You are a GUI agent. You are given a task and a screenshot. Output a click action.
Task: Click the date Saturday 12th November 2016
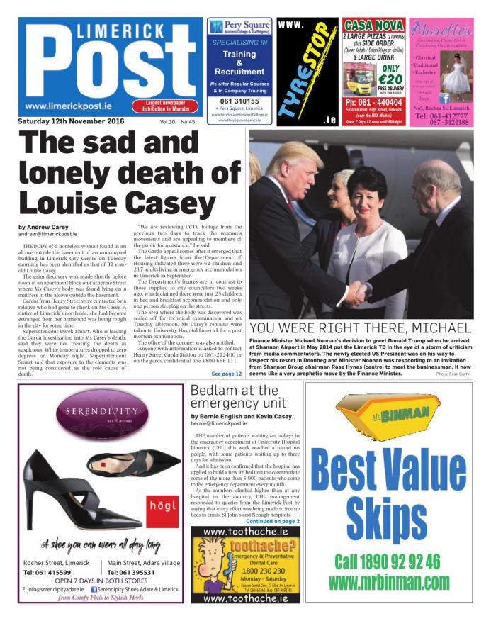pyautogui.click(x=71, y=122)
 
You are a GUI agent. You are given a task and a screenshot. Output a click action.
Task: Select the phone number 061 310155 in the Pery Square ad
pyautogui.click(x=239, y=101)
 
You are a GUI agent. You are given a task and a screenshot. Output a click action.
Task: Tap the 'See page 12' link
pyautogui.click(x=227, y=374)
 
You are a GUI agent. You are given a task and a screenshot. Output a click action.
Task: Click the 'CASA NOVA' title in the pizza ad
pyautogui.click(x=374, y=25)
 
